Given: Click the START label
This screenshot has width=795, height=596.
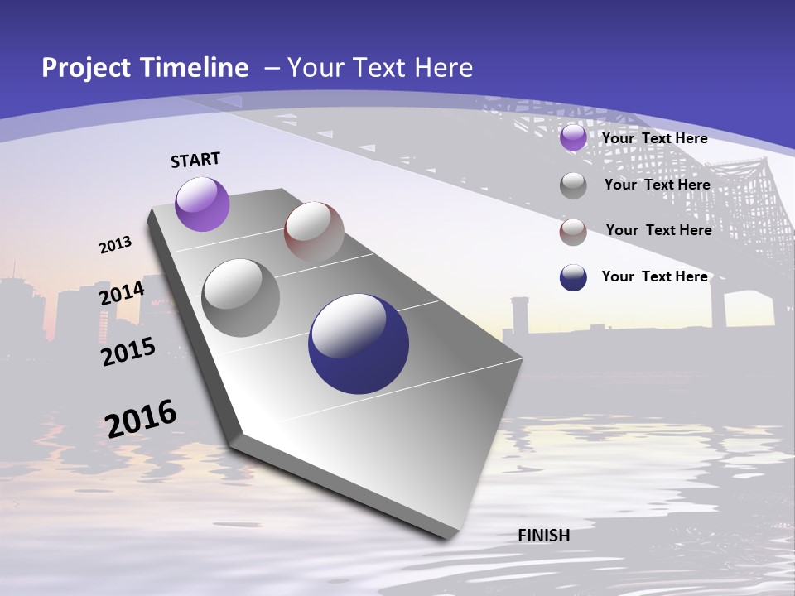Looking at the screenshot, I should (195, 160).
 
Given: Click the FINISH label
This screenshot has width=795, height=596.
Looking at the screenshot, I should (543, 536).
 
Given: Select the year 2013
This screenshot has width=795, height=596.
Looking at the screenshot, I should (116, 245).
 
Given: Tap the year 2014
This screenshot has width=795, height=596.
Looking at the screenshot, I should (122, 293).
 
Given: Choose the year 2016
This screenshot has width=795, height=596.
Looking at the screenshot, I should (142, 418).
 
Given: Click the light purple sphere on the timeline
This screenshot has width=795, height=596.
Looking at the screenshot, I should (203, 204).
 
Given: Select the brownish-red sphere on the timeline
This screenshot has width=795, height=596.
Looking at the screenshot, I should (314, 231).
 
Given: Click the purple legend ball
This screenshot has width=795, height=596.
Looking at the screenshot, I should (573, 138).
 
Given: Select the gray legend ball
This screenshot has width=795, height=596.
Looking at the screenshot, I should (573, 185).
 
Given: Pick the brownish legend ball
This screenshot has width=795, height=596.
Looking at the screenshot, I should (573, 232).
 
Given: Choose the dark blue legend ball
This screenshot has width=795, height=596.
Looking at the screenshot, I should (573, 277).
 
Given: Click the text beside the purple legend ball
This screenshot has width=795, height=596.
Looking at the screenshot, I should (654, 138).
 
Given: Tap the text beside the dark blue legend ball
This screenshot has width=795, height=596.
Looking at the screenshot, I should (654, 276).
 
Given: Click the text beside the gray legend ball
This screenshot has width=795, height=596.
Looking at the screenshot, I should (657, 185).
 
